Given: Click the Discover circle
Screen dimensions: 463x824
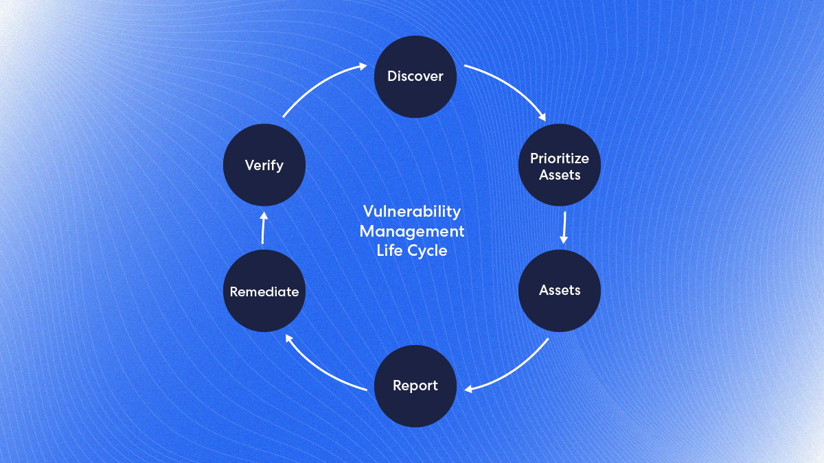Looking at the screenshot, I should [415, 76].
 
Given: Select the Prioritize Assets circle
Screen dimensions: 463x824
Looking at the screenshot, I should [560, 166].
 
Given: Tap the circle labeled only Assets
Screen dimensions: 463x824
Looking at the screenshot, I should [560, 290].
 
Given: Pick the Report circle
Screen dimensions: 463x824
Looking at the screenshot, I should [415, 385].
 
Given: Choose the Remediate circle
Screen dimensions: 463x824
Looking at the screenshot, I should [264, 292].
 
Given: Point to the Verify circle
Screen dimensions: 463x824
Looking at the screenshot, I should [264, 165].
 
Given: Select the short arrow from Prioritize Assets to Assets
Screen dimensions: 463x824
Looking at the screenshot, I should [564, 227].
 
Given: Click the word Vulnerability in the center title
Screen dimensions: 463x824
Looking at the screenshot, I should [412, 211].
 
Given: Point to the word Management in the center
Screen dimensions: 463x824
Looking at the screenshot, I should [412, 231].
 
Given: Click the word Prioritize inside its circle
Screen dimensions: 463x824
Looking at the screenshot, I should [560, 158].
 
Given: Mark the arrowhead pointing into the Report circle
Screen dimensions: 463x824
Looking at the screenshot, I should [468, 390].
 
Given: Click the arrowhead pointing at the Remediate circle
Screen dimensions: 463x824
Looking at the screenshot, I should [289, 337].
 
